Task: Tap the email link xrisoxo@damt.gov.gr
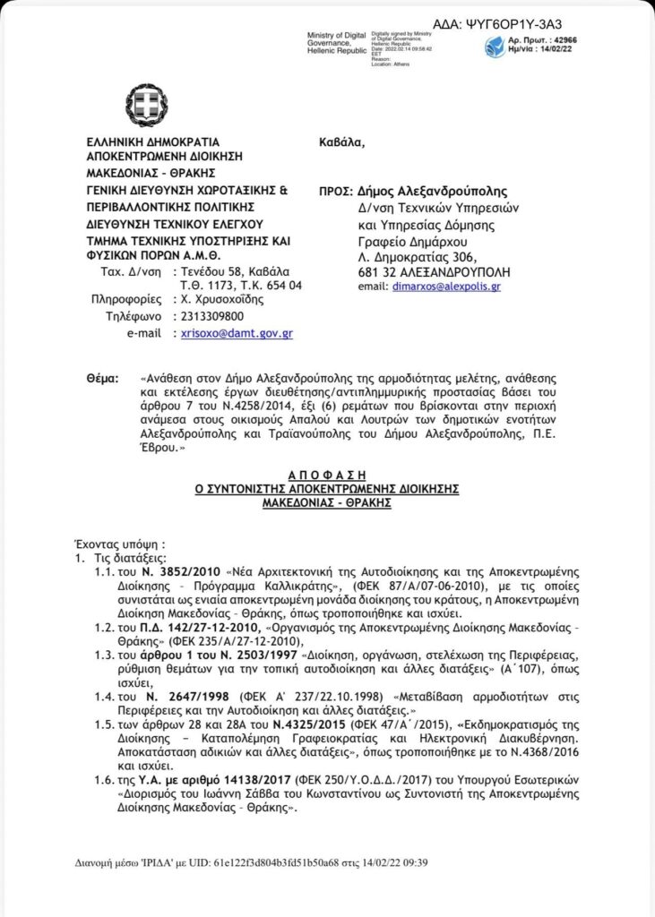(x=237, y=332)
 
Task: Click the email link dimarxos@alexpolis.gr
(x=446, y=287)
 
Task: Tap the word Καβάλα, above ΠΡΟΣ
(x=342, y=141)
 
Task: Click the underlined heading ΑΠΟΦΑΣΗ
(x=326, y=474)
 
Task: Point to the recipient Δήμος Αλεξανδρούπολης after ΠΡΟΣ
(x=433, y=191)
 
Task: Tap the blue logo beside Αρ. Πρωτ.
(x=496, y=47)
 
